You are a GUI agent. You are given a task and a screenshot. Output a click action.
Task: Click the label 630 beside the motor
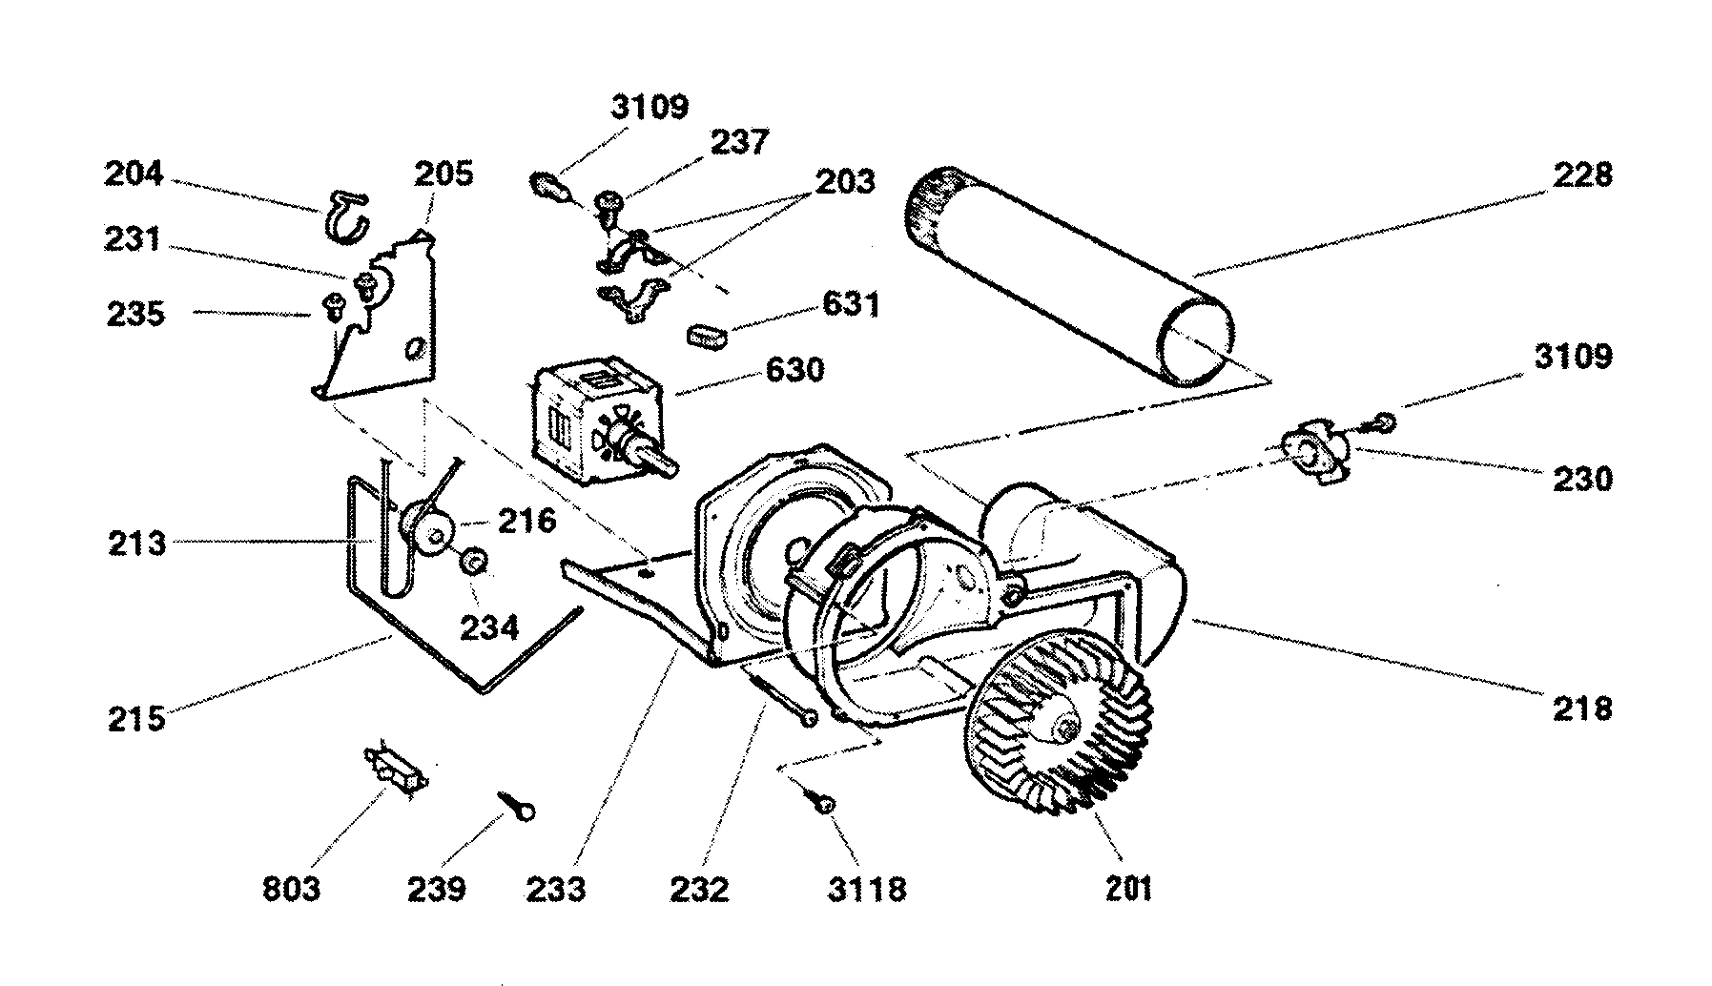click(794, 369)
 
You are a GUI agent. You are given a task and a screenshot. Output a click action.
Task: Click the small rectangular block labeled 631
click(707, 336)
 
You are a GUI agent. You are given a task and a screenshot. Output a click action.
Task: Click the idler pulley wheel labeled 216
click(428, 527)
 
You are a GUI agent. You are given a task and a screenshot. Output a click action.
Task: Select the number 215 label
click(135, 718)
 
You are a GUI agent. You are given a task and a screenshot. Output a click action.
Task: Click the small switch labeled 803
click(395, 769)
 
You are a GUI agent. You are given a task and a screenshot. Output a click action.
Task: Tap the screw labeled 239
click(516, 807)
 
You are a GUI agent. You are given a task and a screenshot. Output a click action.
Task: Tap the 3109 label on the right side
click(1573, 357)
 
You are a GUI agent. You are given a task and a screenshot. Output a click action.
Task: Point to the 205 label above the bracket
click(443, 175)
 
